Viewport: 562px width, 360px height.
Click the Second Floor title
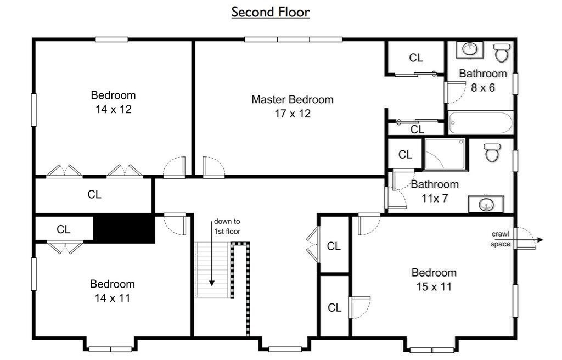tap(270, 12)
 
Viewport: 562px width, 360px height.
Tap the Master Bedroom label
tap(292, 99)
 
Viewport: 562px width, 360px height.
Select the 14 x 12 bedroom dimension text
tap(113, 109)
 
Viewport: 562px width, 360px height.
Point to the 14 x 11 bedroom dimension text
tap(113, 298)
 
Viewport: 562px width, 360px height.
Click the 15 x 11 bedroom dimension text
tap(434, 286)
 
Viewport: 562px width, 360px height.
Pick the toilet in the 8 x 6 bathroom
tap(501, 53)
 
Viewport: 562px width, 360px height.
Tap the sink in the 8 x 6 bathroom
tap(469, 49)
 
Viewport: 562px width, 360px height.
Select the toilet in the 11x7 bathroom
tap(492, 152)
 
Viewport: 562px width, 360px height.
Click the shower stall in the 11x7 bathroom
tap(445, 154)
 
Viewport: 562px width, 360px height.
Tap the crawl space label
tap(500, 239)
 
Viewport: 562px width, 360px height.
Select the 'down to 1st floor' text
tap(227, 227)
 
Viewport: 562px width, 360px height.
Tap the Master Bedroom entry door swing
tap(212, 166)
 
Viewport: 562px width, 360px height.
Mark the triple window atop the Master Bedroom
tap(294, 40)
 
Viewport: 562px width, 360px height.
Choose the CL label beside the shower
tap(405, 155)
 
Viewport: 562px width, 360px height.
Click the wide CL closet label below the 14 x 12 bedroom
tap(94, 194)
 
